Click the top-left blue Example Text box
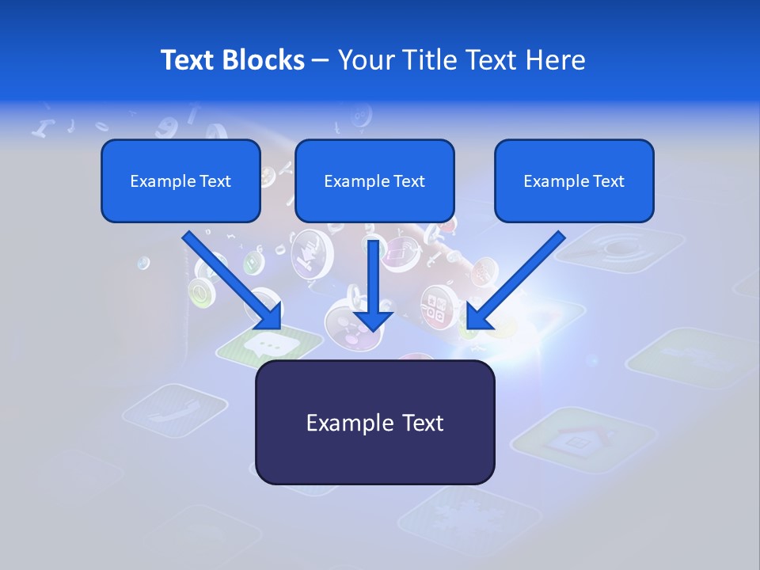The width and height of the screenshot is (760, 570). click(180, 181)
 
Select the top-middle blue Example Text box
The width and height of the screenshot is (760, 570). click(374, 181)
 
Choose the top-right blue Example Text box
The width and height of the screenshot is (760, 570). click(574, 181)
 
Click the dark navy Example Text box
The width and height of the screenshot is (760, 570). click(374, 423)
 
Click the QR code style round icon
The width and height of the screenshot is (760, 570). click(434, 305)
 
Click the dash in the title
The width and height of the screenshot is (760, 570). click(321, 60)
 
